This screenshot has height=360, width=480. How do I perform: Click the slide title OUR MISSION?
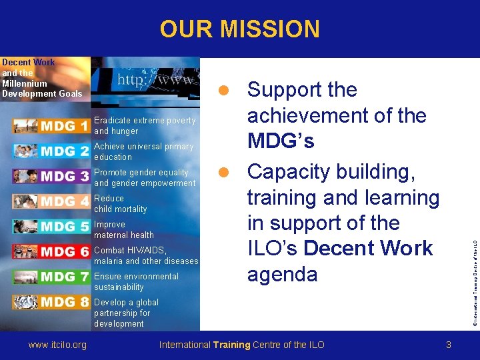click(239, 29)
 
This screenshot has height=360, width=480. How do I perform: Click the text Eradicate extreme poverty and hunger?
click(145, 126)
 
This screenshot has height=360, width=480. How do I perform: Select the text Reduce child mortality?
click(120, 204)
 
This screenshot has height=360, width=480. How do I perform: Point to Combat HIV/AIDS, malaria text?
click(146, 256)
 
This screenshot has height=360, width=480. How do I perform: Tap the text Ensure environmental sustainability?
click(136, 281)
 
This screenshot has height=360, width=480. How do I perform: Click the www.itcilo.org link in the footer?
click(57, 345)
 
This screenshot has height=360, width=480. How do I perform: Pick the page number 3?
click(449, 345)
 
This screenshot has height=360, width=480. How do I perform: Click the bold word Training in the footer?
click(231, 345)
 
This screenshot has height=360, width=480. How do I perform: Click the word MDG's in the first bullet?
click(281, 141)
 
